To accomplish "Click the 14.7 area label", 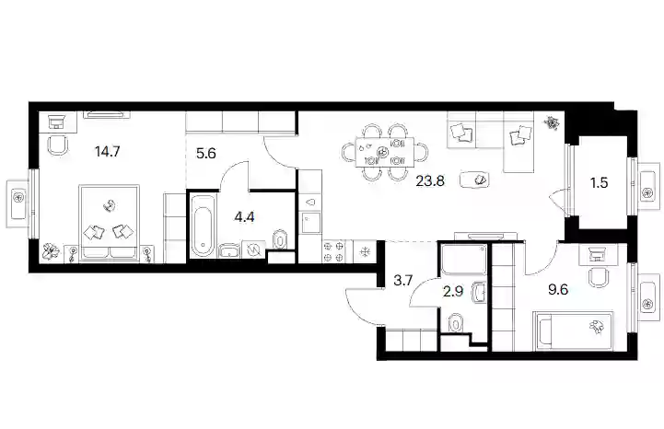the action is (x=108, y=151).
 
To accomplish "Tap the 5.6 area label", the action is (x=206, y=153).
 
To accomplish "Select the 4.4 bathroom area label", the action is (x=244, y=217).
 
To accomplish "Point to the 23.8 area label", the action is (x=430, y=181).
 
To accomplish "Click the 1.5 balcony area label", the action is (x=600, y=182).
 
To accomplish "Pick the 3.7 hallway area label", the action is (x=402, y=280).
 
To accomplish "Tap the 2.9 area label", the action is (x=453, y=291).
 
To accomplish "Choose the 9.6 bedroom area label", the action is (x=558, y=290).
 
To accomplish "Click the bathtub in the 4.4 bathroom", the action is (x=204, y=226).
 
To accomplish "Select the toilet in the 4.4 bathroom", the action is (x=280, y=239).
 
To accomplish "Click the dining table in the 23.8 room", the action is (x=385, y=152).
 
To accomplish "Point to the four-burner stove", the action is (x=333, y=251).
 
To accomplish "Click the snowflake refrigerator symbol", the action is (x=364, y=253).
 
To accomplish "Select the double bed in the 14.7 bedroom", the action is (x=109, y=223).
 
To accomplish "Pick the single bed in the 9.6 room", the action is (x=574, y=331).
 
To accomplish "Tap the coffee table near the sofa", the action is (x=474, y=180).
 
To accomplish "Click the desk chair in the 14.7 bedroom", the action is (x=58, y=145).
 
